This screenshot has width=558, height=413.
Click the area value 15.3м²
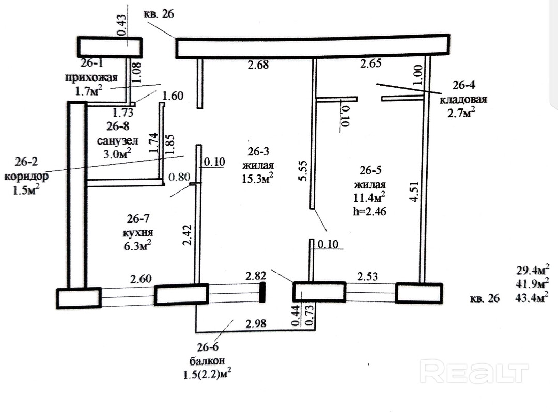(x=257, y=178)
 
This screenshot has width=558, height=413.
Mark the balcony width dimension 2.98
(x=257, y=324)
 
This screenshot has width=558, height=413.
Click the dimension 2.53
(x=366, y=277)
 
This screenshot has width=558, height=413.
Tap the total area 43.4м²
(x=532, y=297)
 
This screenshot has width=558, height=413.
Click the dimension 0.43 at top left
(x=122, y=24)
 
